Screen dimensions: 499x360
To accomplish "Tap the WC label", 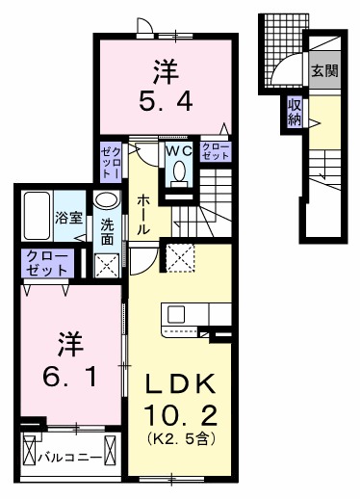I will [178, 150].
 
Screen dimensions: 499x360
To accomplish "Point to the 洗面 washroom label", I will [108, 231].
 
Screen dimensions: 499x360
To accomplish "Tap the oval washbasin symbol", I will [108, 201].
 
